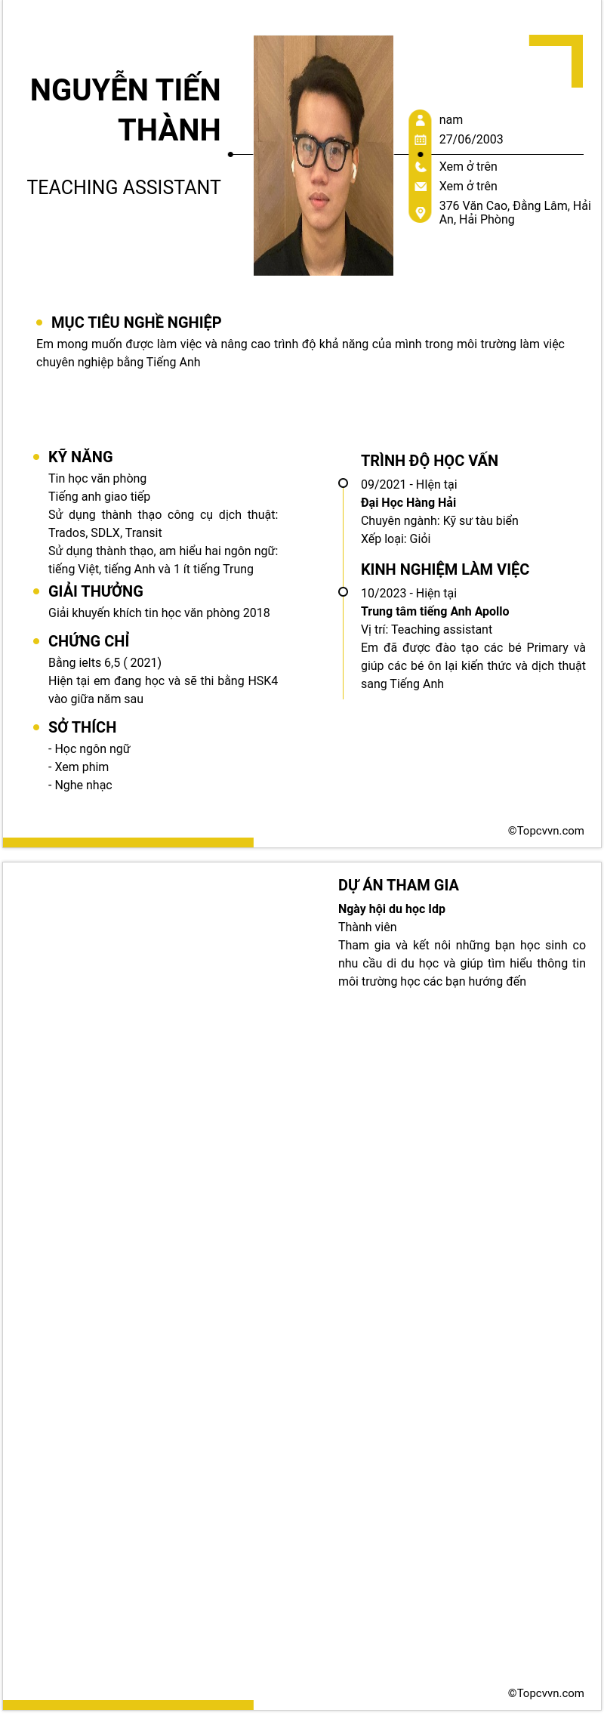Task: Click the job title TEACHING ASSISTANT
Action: click(124, 187)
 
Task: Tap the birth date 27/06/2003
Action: click(471, 139)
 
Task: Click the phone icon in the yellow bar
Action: click(421, 167)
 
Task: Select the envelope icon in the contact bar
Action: click(421, 187)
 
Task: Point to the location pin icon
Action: click(421, 211)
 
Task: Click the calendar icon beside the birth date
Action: click(421, 140)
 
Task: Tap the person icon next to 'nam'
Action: click(421, 120)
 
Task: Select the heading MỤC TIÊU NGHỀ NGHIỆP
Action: click(136, 322)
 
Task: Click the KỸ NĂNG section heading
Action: click(80, 457)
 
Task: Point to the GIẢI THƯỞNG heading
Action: click(95, 591)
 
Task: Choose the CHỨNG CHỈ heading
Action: click(88, 641)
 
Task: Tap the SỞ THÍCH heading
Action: click(82, 727)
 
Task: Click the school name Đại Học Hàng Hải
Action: click(408, 502)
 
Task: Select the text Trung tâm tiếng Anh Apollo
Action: click(435, 611)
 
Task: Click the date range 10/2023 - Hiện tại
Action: click(408, 593)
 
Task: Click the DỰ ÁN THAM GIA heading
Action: click(398, 885)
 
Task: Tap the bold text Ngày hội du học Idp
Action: click(392, 909)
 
